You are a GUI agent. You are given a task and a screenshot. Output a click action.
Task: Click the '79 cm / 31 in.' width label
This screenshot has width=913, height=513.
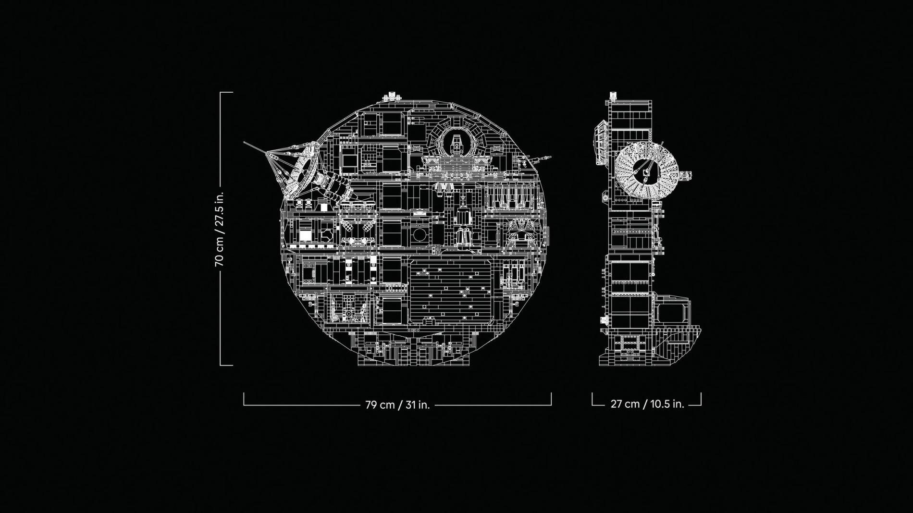pyautogui.click(x=397, y=405)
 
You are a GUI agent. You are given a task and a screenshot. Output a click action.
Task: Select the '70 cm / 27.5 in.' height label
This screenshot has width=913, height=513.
pyautogui.click(x=219, y=229)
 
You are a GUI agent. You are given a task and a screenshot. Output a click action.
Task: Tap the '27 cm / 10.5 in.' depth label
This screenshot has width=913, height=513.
pyautogui.click(x=647, y=404)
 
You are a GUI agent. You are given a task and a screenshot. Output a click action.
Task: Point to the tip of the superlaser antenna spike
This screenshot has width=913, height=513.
pyautogui.click(x=245, y=142)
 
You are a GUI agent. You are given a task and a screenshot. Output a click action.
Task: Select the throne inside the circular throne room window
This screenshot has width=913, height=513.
pyautogui.click(x=456, y=144)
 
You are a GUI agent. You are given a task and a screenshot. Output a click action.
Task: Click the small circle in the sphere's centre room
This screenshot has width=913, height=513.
pyautogui.click(x=419, y=235)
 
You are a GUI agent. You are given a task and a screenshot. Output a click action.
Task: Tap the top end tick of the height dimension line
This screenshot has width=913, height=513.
pyautogui.click(x=226, y=92)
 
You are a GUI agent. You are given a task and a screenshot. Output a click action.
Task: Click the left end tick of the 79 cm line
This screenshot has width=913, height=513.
pyautogui.click(x=244, y=399)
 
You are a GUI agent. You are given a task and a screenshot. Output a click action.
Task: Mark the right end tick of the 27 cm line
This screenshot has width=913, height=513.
pyautogui.click(x=701, y=399)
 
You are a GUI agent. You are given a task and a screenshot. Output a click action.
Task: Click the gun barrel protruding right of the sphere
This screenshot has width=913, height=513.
pyautogui.click(x=545, y=157)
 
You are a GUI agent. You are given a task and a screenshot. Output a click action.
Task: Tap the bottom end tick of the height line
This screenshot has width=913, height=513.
pyautogui.click(x=226, y=366)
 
